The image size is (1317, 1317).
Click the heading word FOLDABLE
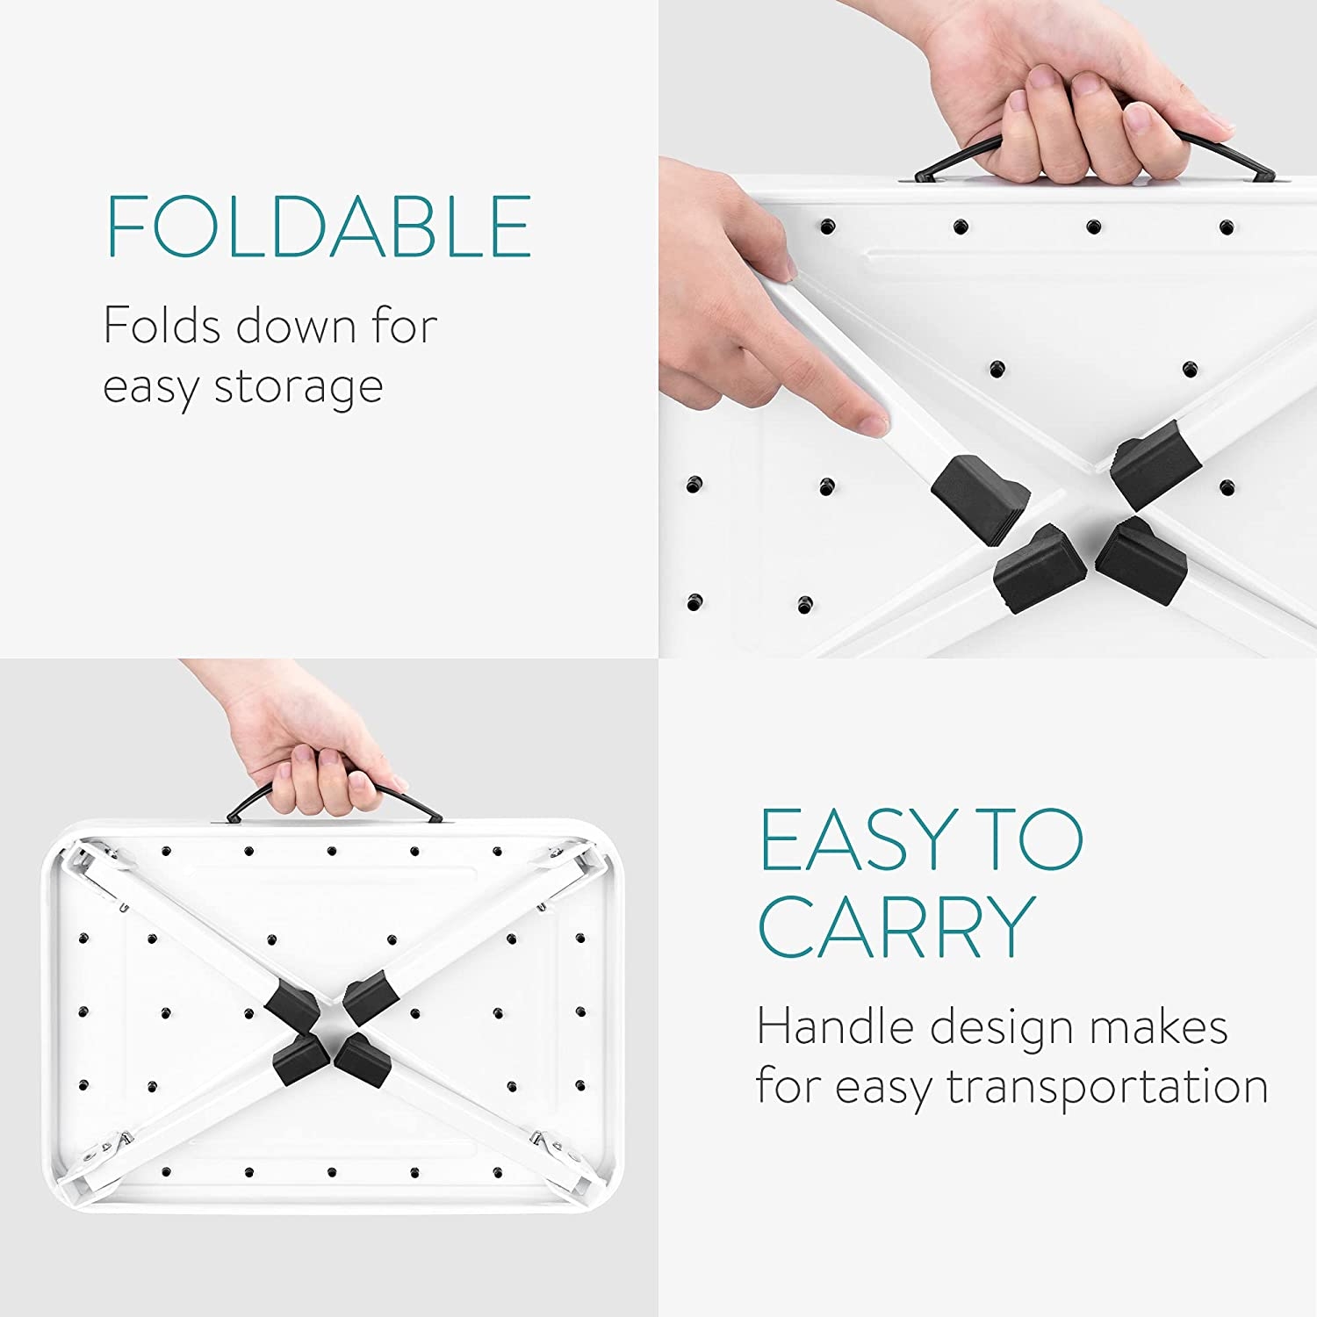tap(319, 226)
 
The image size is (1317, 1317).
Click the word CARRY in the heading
tap(896, 927)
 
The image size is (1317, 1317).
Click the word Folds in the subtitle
tap(162, 326)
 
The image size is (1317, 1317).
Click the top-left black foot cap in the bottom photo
tap(291, 1004)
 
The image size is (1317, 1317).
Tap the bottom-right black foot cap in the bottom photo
tap(363, 1053)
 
